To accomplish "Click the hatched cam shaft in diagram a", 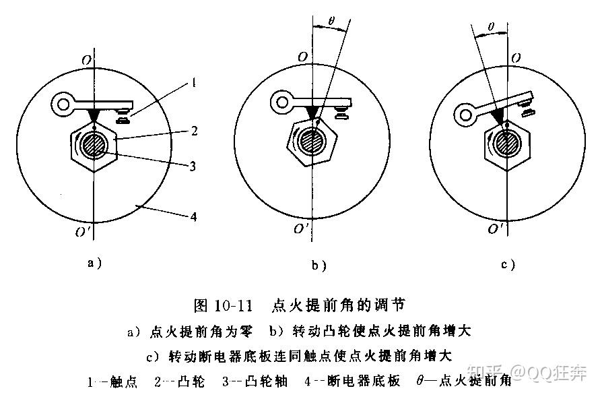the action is coord(95,145).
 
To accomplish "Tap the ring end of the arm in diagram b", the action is coord(281,102).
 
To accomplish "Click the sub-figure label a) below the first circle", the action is coord(95,263).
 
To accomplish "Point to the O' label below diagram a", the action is coord(83,233).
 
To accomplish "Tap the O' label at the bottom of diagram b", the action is coord(300,228).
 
